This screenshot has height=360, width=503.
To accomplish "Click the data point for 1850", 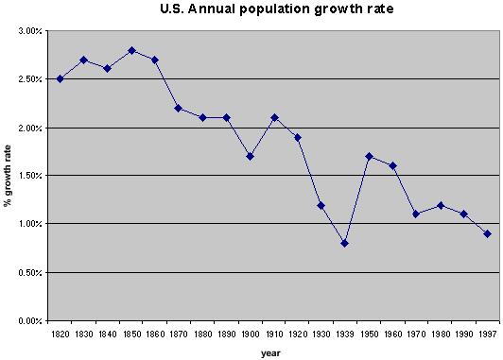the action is (131, 51).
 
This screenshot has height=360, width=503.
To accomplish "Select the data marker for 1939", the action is (344, 244).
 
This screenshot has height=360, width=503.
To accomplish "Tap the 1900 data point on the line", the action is (250, 157).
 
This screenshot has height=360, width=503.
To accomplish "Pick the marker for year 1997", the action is (487, 234).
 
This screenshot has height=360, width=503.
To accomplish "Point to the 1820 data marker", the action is (60, 78).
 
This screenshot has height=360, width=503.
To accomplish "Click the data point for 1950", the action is (369, 157).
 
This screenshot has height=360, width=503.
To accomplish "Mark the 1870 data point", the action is (179, 109).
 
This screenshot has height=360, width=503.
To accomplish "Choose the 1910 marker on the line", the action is (274, 118).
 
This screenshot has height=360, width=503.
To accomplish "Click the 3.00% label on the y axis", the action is (30, 31).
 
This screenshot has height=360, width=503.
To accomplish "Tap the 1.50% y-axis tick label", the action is (30, 176).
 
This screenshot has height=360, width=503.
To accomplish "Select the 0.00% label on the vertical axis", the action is (30, 320).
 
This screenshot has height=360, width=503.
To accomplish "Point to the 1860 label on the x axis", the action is (155, 334).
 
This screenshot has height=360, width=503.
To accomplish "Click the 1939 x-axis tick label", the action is (345, 334).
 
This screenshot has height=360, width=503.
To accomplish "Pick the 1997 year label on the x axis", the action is (487, 334).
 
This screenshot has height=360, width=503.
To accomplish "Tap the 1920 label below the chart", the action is (298, 334).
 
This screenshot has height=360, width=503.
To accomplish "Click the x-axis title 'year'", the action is (270, 353).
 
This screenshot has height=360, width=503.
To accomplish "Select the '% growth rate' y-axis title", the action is (8, 176).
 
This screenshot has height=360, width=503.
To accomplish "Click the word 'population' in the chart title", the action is (275, 9).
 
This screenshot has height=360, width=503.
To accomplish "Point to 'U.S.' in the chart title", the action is (172, 9).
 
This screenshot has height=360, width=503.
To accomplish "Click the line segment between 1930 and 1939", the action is (333, 224).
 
